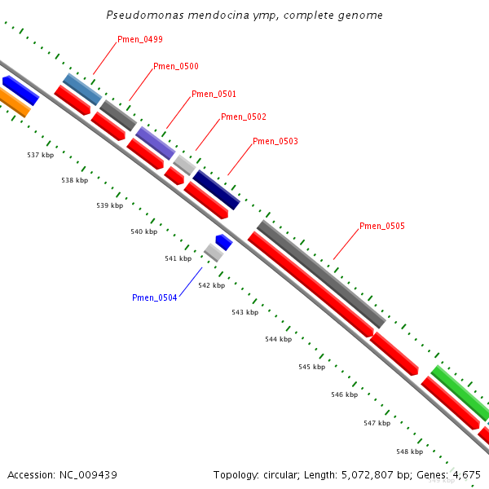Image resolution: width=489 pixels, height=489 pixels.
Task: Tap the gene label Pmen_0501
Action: (214, 95)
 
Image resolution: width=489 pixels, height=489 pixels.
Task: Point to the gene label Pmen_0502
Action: (243, 117)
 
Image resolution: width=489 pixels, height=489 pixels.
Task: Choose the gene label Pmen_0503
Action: (275, 142)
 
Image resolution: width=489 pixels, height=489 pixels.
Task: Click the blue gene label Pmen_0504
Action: (154, 298)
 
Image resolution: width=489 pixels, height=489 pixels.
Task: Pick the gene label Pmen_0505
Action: (381, 227)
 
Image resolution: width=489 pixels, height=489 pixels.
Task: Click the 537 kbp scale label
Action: (40, 155)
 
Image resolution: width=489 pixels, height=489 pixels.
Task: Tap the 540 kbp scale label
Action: (143, 232)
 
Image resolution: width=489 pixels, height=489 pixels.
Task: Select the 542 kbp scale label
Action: (211, 286)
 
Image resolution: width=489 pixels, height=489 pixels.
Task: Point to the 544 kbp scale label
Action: (278, 339)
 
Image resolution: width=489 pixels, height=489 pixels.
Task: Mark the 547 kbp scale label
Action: (377, 424)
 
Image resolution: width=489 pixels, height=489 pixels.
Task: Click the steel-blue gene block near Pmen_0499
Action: (82, 89)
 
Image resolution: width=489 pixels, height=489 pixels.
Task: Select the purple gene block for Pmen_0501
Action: (155, 143)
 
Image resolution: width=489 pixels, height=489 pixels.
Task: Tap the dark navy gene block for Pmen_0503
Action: (216, 189)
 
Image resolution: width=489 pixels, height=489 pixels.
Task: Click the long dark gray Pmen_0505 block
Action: (320, 273)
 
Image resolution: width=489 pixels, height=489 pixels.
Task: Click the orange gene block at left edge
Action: (12, 103)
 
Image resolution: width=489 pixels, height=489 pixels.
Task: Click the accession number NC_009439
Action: (62, 475)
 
